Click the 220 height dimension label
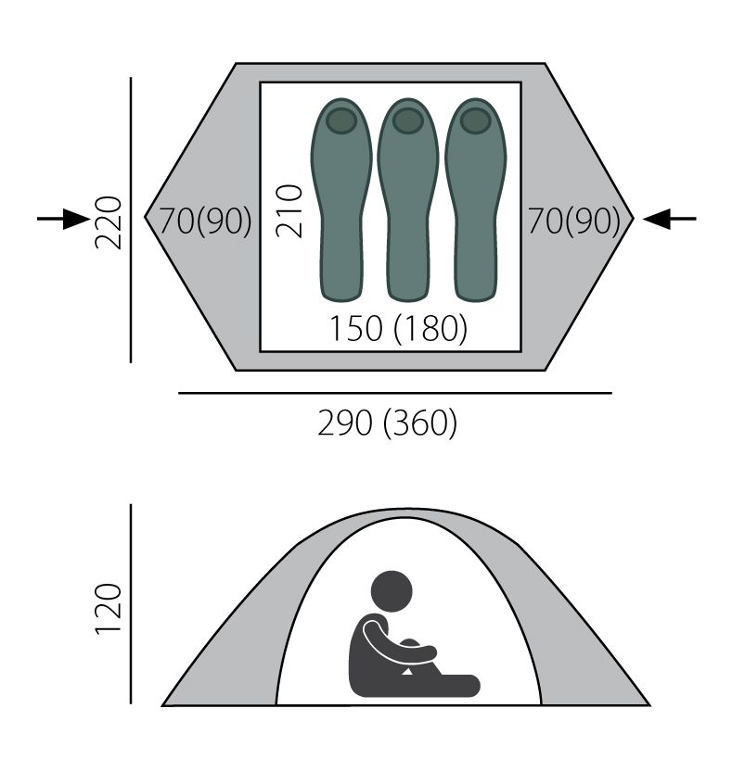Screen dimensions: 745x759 click(x=108, y=222)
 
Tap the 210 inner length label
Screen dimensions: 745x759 click(x=289, y=211)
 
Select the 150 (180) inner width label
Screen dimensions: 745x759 click(x=398, y=328)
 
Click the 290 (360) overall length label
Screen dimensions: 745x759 click(x=387, y=424)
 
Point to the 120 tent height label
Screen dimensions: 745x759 click(x=108, y=609)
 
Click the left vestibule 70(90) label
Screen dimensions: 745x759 click(x=206, y=221)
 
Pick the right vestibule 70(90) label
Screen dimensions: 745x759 click(x=574, y=221)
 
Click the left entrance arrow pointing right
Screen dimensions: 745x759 click(x=63, y=219)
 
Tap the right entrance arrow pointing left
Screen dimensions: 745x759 click(x=669, y=219)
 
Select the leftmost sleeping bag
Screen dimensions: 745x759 click(x=341, y=199)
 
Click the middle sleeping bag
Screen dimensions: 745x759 click(x=408, y=199)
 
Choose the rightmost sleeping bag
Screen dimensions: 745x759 click(x=476, y=199)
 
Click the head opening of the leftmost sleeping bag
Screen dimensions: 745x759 click(x=341, y=120)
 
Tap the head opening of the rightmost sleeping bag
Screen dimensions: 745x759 click(x=476, y=120)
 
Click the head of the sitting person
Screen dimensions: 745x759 click(x=392, y=591)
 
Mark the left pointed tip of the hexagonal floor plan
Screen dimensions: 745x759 click(x=145, y=217)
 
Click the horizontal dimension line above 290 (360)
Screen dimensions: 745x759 click(x=395, y=393)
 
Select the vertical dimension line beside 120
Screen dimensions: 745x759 click(x=131, y=604)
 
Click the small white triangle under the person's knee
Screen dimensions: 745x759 click(x=407, y=671)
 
